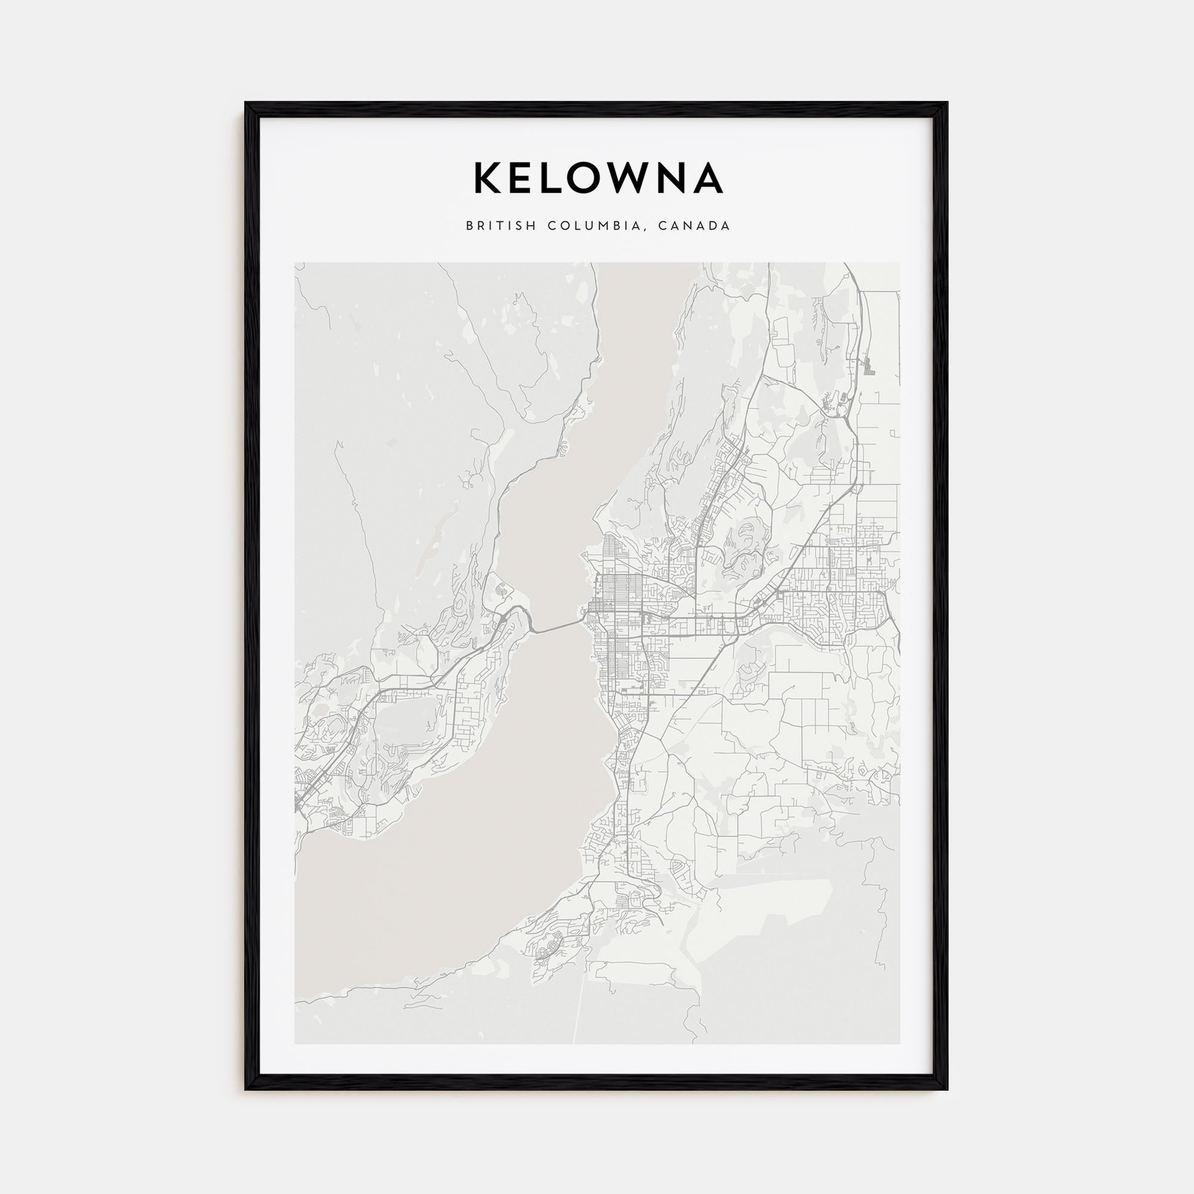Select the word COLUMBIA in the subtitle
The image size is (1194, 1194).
598,226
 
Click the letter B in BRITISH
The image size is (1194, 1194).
470,226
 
